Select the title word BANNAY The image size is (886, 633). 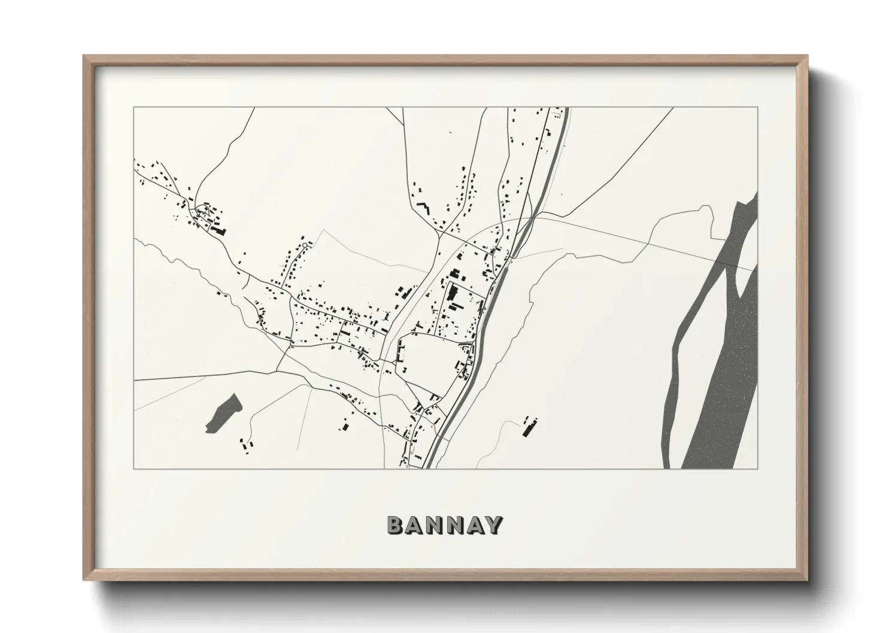444,525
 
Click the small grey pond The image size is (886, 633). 223,413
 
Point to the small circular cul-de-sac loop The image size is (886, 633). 305,245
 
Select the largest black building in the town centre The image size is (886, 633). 451,293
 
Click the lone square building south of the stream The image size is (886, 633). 345,427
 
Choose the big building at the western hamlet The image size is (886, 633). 219,230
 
